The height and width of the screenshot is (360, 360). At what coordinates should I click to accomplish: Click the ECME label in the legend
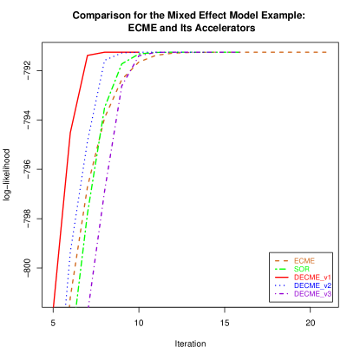[304, 261]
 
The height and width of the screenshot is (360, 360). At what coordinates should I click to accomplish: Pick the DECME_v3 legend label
[312, 294]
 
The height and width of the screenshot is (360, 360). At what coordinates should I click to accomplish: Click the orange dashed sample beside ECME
[281, 261]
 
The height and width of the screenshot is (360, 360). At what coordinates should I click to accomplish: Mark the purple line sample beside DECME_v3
[281, 294]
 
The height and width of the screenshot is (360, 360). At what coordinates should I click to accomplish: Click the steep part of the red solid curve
[65, 173]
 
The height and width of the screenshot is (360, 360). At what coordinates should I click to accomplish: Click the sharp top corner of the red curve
[88, 56]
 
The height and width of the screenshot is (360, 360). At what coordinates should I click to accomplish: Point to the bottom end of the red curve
[54, 306]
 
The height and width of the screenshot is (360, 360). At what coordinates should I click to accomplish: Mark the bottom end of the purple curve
[88, 306]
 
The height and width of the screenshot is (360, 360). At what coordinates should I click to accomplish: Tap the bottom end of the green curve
[76, 305]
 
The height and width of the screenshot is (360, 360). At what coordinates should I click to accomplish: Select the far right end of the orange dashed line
[326, 52]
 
